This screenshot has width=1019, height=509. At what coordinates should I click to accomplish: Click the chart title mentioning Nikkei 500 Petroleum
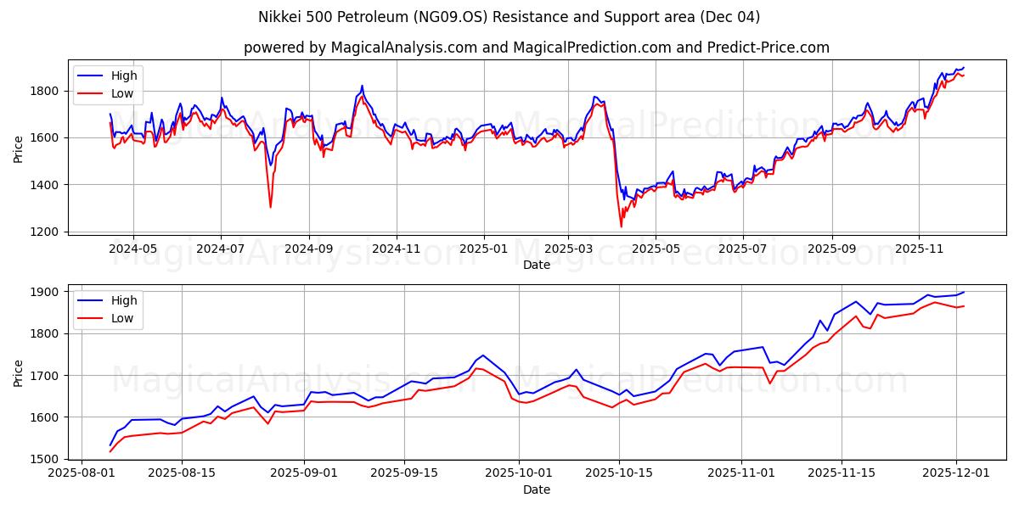pyautogui.click(x=509, y=17)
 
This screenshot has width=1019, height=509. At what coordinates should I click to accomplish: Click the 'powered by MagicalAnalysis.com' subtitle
pyautogui.click(x=536, y=48)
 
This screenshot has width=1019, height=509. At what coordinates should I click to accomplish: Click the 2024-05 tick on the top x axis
pyautogui.click(x=132, y=248)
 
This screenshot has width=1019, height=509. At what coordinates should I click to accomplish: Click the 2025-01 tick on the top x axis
pyautogui.click(x=483, y=248)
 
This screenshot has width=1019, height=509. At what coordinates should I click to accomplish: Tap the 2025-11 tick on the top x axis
pyautogui.click(x=918, y=248)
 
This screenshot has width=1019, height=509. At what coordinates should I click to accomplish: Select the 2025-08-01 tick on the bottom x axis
pyautogui.click(x=82, y=473)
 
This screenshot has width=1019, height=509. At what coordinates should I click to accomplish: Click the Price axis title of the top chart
pyautogui.click(x=19, y=148)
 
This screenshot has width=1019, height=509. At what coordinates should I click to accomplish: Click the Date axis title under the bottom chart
pyautogui.click(x=536, y=489)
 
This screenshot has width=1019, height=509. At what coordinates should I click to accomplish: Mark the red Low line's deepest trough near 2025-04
pyautogui.click(x=621, y=226)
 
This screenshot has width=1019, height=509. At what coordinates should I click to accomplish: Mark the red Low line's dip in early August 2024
pyautogui.click(x=270, y=206)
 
